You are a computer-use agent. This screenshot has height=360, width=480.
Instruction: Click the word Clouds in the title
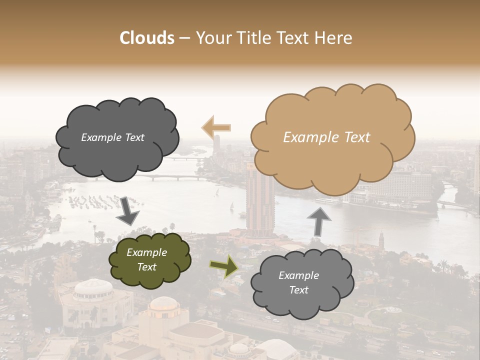point(147,38)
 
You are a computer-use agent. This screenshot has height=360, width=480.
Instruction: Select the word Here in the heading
point(335,38)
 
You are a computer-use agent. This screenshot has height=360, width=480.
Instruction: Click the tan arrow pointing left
point(216,127)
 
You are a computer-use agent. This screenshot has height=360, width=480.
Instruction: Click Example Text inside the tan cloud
point(326,137)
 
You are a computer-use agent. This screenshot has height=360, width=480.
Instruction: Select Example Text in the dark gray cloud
point(112,137)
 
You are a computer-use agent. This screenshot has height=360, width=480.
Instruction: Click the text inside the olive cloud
point(146,260)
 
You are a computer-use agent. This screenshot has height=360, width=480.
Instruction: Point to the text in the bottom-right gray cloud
point(298,283)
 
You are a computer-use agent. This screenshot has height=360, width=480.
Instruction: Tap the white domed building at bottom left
point(93,290)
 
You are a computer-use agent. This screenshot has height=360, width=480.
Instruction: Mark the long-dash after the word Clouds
point(184,38)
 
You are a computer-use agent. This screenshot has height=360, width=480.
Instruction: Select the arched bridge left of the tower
point(170,177)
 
